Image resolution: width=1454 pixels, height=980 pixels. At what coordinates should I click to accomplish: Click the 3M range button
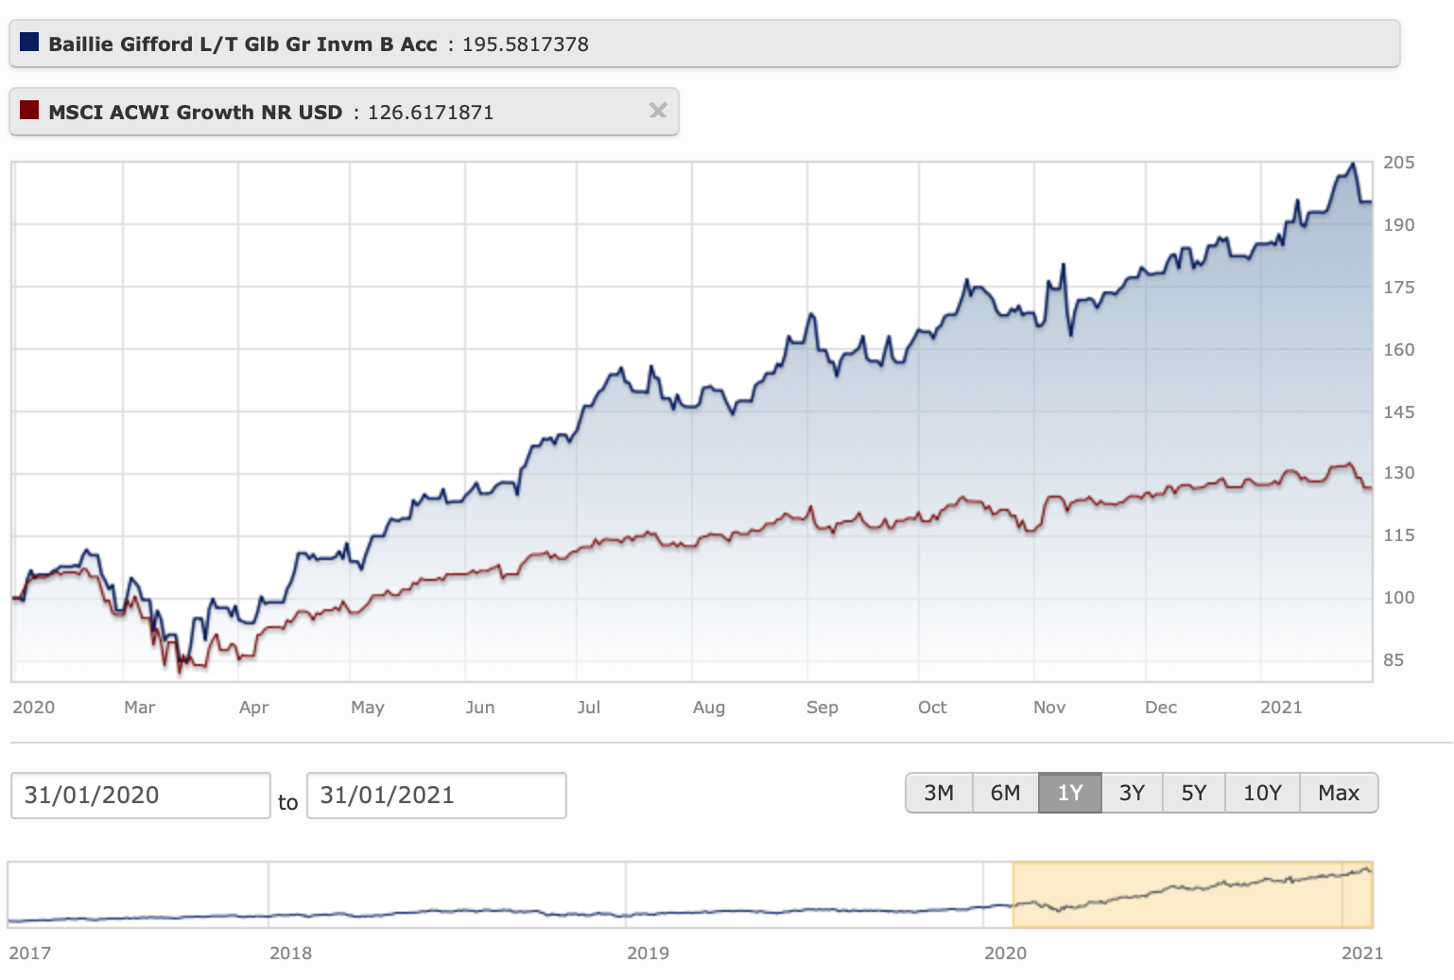939,793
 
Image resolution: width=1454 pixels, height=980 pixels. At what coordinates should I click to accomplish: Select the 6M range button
1005,793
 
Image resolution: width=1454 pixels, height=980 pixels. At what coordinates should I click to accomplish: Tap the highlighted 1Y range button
1070,793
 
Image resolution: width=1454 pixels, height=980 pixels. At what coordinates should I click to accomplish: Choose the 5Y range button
1194,793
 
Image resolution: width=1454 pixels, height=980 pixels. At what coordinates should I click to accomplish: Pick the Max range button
1339,793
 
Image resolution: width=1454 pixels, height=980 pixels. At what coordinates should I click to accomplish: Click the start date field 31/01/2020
140,796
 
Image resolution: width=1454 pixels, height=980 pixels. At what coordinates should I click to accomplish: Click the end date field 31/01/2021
436,796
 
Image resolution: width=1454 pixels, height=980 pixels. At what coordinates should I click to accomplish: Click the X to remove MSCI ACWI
658,111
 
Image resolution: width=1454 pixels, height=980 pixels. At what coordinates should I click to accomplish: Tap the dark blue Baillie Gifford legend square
29,43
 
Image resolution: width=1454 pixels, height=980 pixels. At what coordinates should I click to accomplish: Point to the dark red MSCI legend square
29,111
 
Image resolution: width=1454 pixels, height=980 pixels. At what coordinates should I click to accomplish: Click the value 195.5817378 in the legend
525,44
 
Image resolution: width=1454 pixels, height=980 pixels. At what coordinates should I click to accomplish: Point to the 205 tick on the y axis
1399,163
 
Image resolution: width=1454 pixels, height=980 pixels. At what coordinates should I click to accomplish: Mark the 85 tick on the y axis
1393,660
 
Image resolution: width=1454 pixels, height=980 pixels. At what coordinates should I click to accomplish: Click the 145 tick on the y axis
1399,411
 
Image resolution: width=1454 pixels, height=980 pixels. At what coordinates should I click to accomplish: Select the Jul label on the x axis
588,708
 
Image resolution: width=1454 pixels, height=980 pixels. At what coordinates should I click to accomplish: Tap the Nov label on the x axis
1049,708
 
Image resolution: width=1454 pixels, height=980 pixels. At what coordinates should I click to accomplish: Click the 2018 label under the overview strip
290,953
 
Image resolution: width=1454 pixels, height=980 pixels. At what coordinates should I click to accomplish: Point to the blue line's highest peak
1353,165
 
